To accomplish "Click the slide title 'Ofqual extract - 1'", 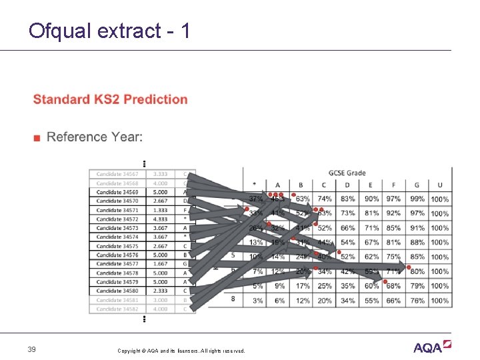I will pyautogui.click(x=109, y=31).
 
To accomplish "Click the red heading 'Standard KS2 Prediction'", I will pyautogui.click(x=110, y=99).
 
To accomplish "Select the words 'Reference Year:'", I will pyautogui.click(x=95, y=137).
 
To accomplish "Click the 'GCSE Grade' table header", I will pyautogui.click(x=347, y=173).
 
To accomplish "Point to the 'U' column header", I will pyautogui.click(x=439, y=185).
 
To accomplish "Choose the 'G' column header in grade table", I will pyautogui.click(x=417, y=185).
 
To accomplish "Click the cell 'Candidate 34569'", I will pyautogui.click(x=117, y=192).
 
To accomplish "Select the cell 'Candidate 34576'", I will pyautogui.click(x=117, y=255).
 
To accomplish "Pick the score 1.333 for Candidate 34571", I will pyautogui.click(x=160, y=210).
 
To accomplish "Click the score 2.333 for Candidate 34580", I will pyautogui.click(x=160, y=291).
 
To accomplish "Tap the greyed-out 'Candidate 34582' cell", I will pyautogui.click(x=117, y=309).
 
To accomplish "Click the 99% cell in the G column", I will pyautogui.click(x=417, y=199).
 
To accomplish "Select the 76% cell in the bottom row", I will pyautogui.click(x=417, y=301).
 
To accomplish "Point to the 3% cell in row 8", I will pyautogui.click(x=256, y=301).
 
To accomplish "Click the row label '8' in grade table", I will pyautogui.click(x=233, y=299).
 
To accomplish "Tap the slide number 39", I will pyautogui.click(x=32, y=350).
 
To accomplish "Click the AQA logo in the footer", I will pyautogui.click(x=433, y=347).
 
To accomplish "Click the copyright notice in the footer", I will pyautogui.click(x=181, y=351).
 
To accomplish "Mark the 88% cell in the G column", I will pyautogui.click(x=417, y=242).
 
